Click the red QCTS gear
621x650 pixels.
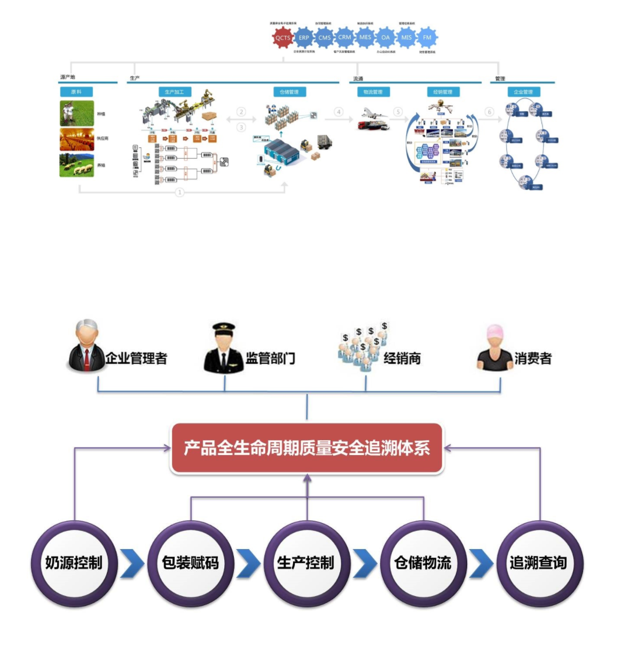tap(282, 37)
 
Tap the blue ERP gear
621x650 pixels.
tap(304, 37)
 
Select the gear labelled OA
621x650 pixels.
tap(386, 37)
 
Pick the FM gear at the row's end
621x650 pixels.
tap(427, 37)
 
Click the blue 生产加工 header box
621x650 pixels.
tap(174, 92)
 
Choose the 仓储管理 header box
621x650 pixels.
tap(289, 92)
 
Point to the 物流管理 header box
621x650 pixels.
tap(373, 92)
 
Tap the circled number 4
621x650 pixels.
tap(339, 112)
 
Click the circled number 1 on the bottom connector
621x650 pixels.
tap(179, 192)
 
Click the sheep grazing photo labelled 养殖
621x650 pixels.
tap(77, 165)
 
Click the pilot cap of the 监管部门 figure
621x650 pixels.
tap(224, 327)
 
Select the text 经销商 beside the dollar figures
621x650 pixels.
tap(402, 358)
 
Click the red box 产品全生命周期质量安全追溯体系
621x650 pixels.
tap(306, 448)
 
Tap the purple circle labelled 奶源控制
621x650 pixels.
tap(74, 563)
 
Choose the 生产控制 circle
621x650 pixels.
tap(306, 563)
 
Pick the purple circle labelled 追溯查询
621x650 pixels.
tap(539, 563)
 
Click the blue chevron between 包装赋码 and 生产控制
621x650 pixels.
tap(248, 563)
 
